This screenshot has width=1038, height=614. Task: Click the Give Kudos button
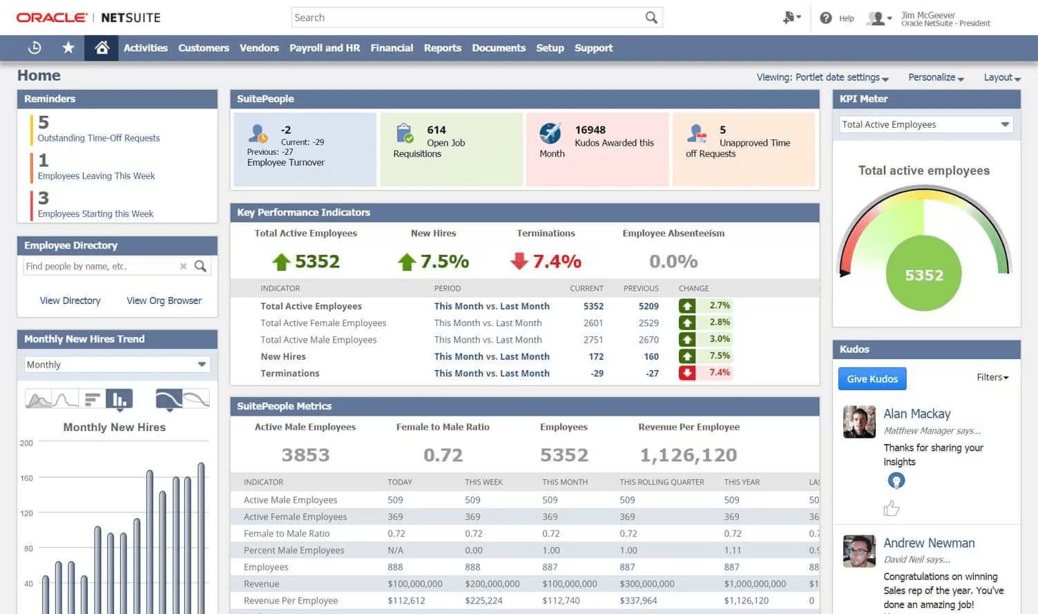point(872,378)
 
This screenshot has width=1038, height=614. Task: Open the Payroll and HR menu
point(325,48)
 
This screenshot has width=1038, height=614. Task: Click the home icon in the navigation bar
point(102,48)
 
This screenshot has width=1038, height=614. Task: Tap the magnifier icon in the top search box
point(651,17)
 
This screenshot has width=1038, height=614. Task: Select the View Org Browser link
point(164,300)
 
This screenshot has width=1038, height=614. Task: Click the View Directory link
point(70,300)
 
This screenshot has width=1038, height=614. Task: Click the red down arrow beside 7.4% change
point(686,373)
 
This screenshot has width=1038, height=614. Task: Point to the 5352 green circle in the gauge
point(923,275)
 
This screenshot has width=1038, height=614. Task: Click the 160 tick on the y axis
point(26,478)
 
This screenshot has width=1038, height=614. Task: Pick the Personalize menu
point(936,77)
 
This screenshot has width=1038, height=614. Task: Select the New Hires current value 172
point(595,356)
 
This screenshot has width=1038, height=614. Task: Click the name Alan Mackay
point(916,414)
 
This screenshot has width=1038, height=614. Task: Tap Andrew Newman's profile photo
point(859,551)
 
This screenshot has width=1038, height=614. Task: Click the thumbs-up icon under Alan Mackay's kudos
point(891,508)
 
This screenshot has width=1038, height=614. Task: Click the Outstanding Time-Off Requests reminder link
point(98,138)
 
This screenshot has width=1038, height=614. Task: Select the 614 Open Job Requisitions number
point(436,130)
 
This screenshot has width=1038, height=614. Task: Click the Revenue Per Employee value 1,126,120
point(688,455)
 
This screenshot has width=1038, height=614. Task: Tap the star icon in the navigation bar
point(68,48)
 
